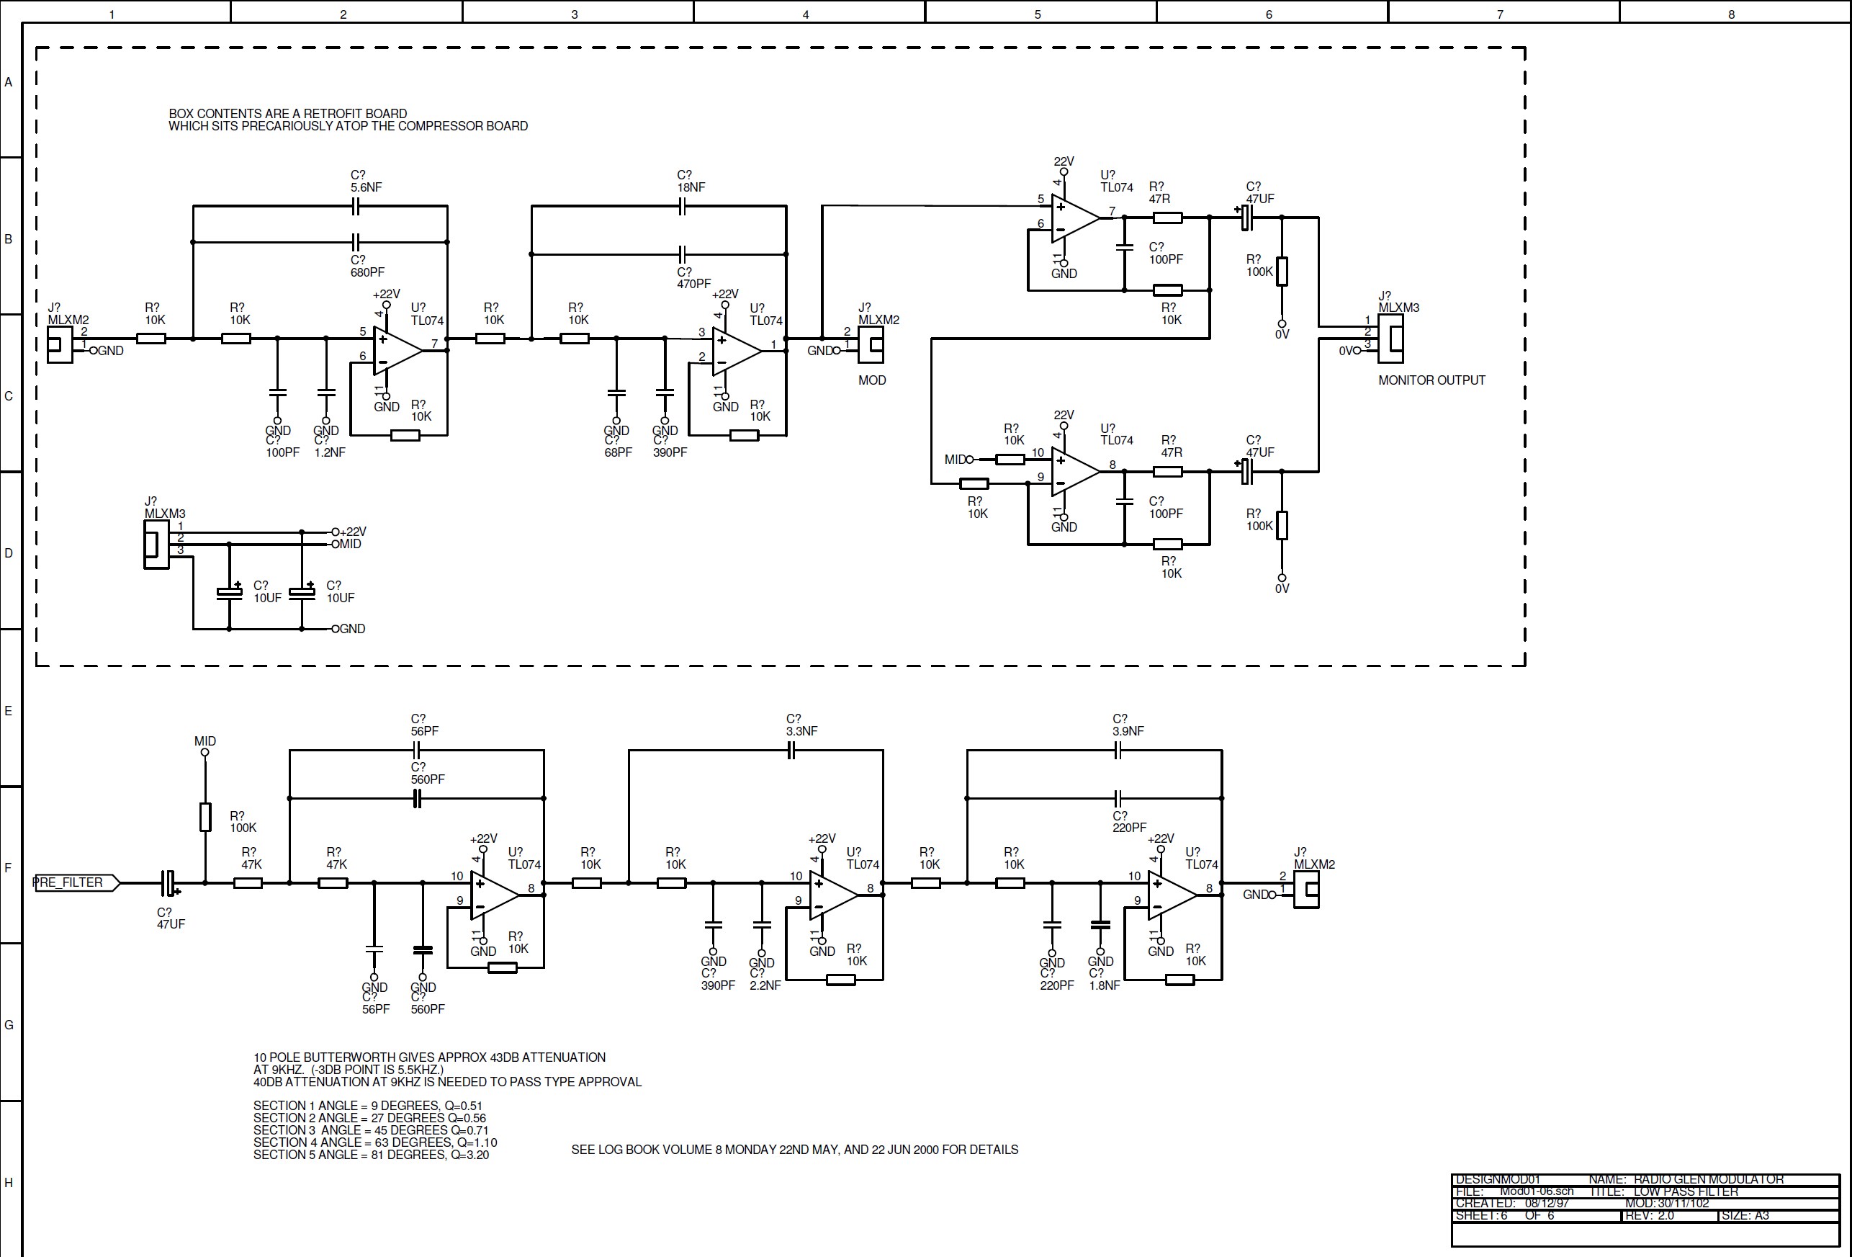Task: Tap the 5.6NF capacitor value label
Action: click(366, 187)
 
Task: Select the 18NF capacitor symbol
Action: click(682, 207)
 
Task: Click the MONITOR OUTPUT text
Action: click(1431, 380)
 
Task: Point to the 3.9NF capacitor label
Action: click(1128, 731)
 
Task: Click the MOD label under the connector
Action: click(872, 380)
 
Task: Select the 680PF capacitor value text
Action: click(367, 272)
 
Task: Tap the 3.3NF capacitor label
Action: click(801, 731)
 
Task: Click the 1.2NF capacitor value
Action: click(330, 452)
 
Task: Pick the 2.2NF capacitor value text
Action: click(765, 985)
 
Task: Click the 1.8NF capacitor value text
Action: click(1105, 985)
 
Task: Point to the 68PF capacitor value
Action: click(618, 452)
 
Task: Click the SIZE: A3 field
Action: click(1745, 1215)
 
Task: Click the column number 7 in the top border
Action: click(1500, 14)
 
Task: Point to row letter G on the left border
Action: click(9, 1025)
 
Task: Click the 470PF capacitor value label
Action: click(693, 284)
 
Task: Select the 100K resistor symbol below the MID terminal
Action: click(204, 817)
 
